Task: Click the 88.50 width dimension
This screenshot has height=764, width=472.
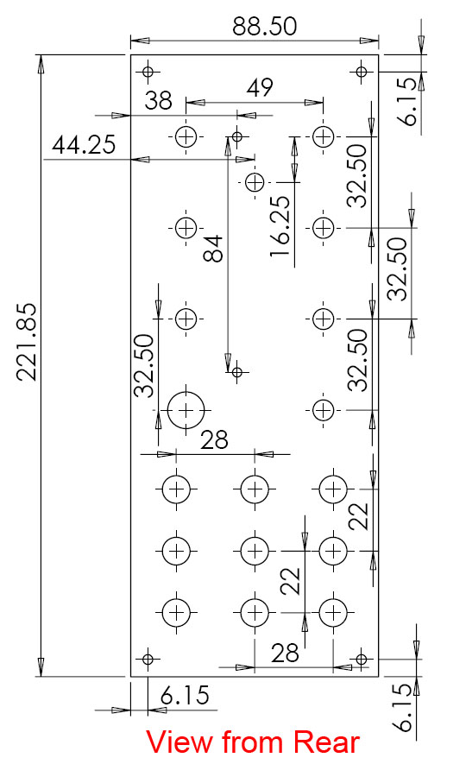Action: pyautogui.click(x=264, y=26)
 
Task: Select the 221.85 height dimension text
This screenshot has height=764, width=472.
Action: pyautogui.click(x=27, y=342)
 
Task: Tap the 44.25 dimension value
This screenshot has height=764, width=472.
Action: pyautogui.click(x=84, y=145)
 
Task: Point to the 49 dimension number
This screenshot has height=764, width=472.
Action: pyautogui.click(x=260, y=88)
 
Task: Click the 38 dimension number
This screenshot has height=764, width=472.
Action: pyautogui.click(x=158, y=100)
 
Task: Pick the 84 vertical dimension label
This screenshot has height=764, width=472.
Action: pyautogui.click(x=213, y=249)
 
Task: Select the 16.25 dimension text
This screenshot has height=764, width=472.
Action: pyautogui.click(x=280, y=226)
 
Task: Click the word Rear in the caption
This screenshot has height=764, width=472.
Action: pyautogui.click(x=327, y=742)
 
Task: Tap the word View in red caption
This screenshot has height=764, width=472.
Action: pyautogui.click(x=180, y=742)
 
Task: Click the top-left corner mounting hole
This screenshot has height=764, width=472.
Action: pyautogui.click(x=148, y=73)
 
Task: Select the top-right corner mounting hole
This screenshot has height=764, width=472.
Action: pyautogui.click(x=361, y=73)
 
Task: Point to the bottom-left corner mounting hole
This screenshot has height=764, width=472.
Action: pyautogui.click(x=148, y=660)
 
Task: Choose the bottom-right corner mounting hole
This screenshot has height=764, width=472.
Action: pyautogui.click(x=361, y=660)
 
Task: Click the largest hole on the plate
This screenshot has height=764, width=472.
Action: pyautogui.click(x=186, y=410)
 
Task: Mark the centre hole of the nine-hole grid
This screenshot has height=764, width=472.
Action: pyautogui.click(x=255, y=551)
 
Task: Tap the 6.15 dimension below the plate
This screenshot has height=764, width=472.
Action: pyautogui.click(x=185, y=695)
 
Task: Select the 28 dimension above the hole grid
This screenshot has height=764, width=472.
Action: pyautogui.click(x=214, y=440)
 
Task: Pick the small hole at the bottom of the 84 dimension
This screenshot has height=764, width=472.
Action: pyautogui.click(x=237, y=372)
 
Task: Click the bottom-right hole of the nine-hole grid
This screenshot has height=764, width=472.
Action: pyautogui.click(x=333, y=612)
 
